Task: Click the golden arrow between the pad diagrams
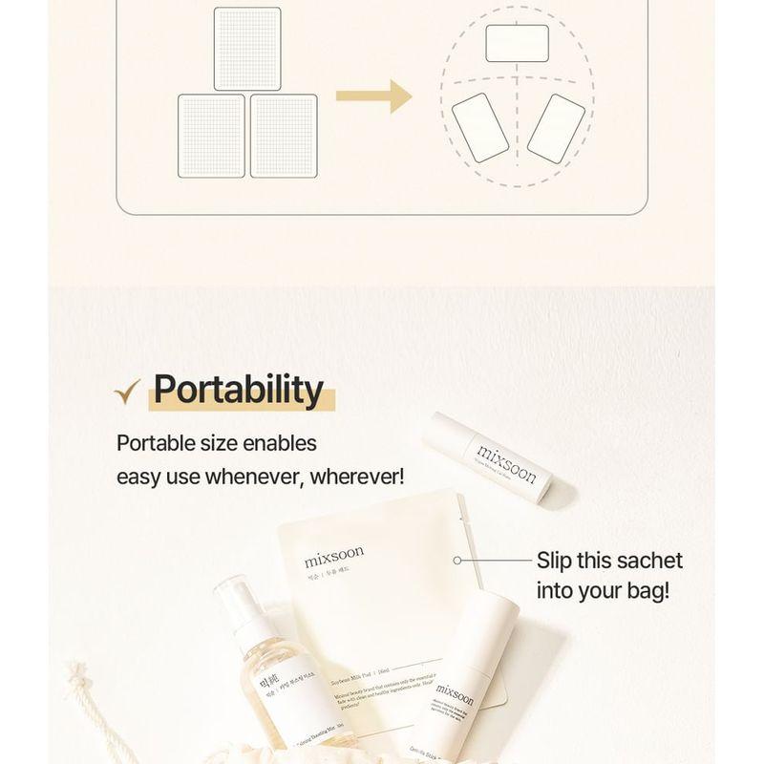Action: click(x=373, y=96)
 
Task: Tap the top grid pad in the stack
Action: click(x=247, y=49)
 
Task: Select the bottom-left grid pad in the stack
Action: click(x=211, y=135)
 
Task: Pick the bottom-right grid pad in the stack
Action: click(x=284, y=135)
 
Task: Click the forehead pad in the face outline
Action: click(x=517, y=44)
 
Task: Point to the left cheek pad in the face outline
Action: click(x=480, y=128)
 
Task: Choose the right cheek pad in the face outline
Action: click(x=556, y=128)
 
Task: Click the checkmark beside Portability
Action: click(x=127, y=392)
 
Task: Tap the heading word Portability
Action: click(x=239, y=391)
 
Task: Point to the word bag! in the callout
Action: click(x=645, y=590)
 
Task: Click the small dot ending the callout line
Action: click(x=458, y=561)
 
